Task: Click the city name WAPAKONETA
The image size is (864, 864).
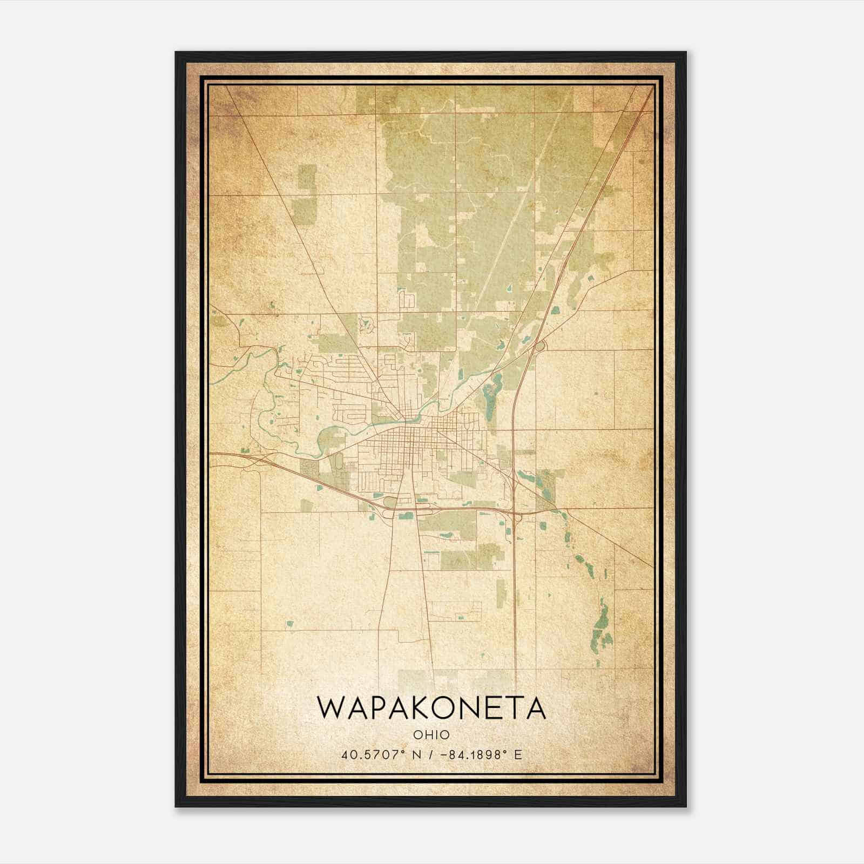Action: [x=431, y=708]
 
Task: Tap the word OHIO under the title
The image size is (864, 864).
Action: [x=431, y=735]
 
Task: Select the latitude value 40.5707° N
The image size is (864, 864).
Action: [x=378, y=754]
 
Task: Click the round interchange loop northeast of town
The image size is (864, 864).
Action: [x=539, y=346]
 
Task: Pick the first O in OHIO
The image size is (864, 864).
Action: [x=418, y=735]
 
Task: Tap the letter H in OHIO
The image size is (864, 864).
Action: [x=428, y=735]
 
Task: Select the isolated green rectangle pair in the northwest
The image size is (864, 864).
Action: [x=306, y=194]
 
